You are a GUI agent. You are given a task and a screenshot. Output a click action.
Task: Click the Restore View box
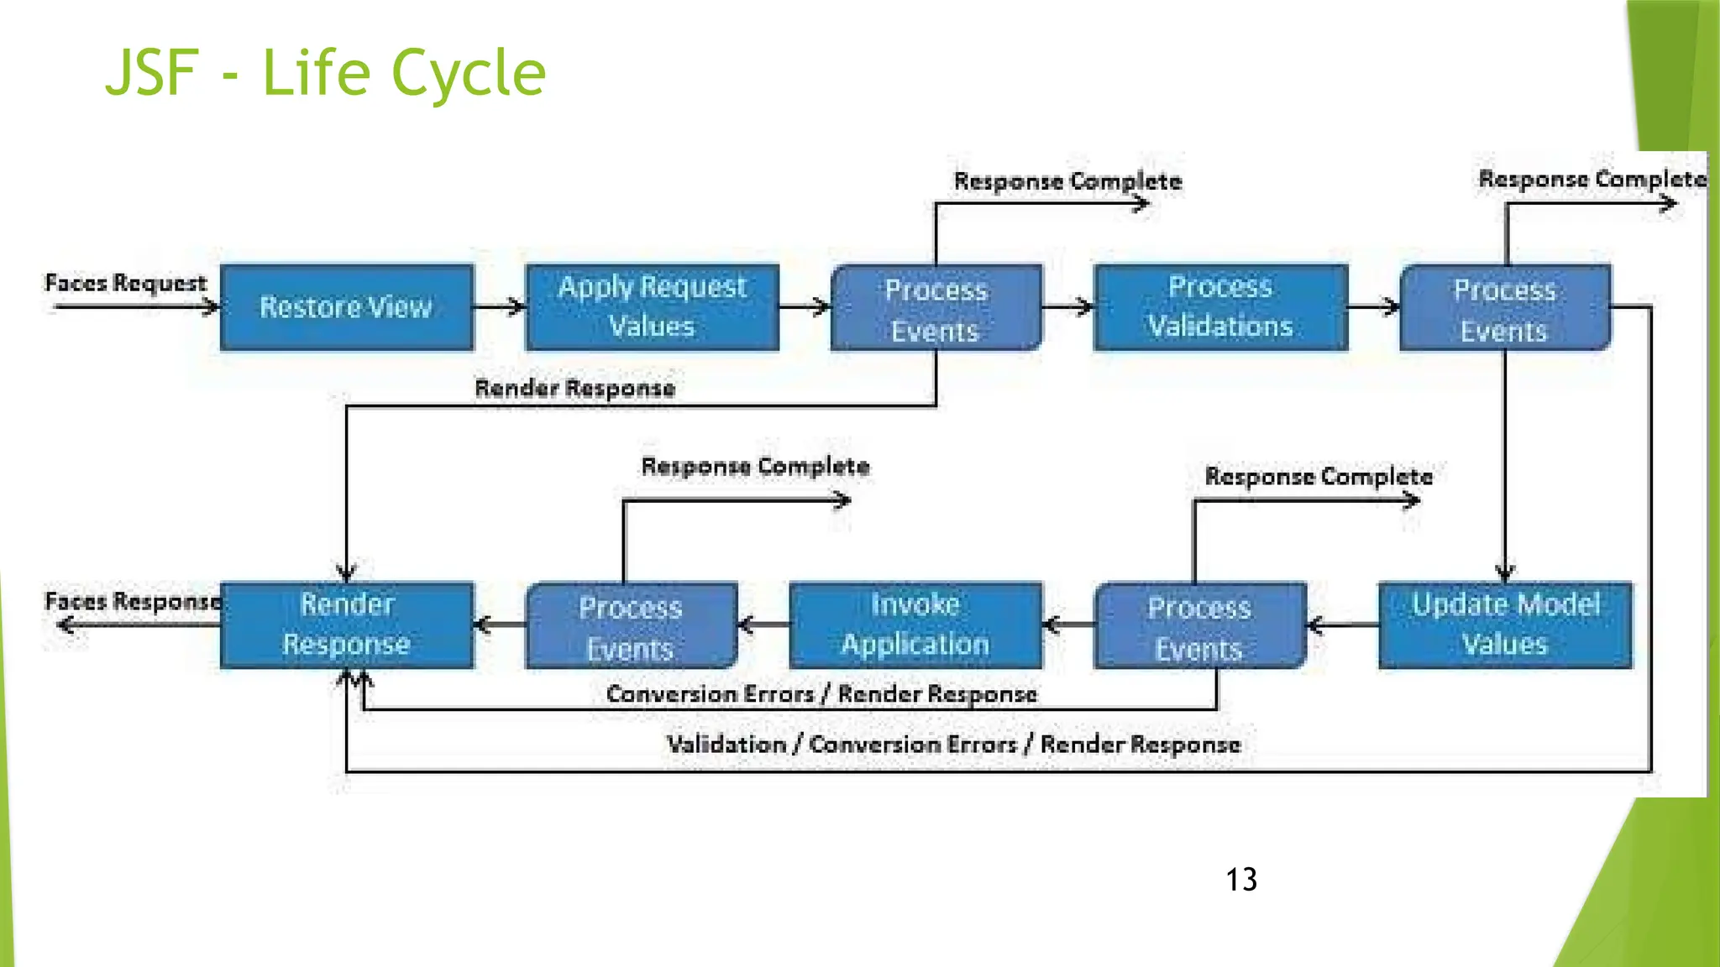(347, 307)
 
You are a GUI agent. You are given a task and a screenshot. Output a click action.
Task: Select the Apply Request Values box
(652, 307)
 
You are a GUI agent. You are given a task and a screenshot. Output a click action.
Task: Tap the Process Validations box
(1220, 307)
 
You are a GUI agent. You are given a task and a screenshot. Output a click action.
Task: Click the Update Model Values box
(1505, 625)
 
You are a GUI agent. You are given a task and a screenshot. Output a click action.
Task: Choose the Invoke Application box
(915, 625)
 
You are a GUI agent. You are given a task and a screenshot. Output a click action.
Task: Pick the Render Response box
(347, 625)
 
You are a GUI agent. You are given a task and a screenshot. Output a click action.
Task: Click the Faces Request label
(126, 283)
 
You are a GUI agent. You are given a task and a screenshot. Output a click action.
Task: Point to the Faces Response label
(133, 601)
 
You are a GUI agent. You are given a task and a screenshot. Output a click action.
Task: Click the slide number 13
(1240, 880)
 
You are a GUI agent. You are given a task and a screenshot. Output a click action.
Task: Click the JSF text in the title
(151, 73)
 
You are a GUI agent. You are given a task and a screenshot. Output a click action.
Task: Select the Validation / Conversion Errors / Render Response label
(953, 745)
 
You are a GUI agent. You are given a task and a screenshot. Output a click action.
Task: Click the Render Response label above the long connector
(574, 388)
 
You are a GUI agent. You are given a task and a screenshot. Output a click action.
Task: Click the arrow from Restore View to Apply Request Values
(500, 307)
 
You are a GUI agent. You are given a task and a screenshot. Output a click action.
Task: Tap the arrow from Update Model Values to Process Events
(1342, 625)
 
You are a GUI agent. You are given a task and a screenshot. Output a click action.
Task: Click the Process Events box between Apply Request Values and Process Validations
(936, 309)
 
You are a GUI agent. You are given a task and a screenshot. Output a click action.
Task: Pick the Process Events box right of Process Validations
(1504, 309)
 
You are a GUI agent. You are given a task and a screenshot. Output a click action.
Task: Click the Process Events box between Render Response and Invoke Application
(631, 626)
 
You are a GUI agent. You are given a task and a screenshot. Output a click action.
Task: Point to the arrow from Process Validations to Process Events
(1374, 307)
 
